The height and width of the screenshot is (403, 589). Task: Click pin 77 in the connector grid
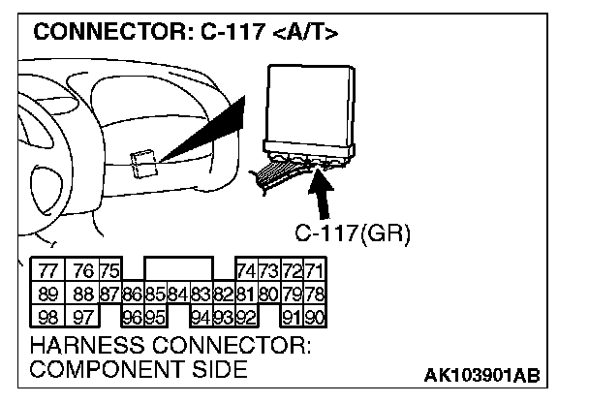click(x=48, y=270)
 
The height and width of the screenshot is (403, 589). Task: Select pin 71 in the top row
click(x=315, y=270)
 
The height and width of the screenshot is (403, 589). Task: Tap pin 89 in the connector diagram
click(x=48, y=294)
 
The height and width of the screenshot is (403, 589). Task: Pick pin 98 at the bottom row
click(x=48, y=318)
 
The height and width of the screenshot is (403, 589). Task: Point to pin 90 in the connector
click(x=315, y=318)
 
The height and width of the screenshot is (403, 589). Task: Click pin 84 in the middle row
click(x=178, y=294)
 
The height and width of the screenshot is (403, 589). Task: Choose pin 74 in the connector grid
click(x=247, y=270)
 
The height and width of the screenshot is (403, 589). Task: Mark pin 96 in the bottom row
click(x=133, y=318)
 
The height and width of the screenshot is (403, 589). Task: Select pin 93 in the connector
click(x=224, y=318)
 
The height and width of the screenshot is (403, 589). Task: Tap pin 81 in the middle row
click(x=246, y=294)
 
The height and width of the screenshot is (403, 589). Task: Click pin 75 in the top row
click(x=110, y=270)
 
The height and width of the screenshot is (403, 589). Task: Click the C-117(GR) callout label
click(x=353, y=233)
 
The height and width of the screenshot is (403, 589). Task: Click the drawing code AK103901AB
click(x=481, y=375)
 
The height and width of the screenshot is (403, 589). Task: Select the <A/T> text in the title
click(x=305, y=32)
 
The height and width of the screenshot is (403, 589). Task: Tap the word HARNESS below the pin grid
click(x=87, y=345)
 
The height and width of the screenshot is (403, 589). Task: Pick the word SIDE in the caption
click(x=220, y=368)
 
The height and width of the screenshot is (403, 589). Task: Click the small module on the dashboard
click(x=144, y=164)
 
